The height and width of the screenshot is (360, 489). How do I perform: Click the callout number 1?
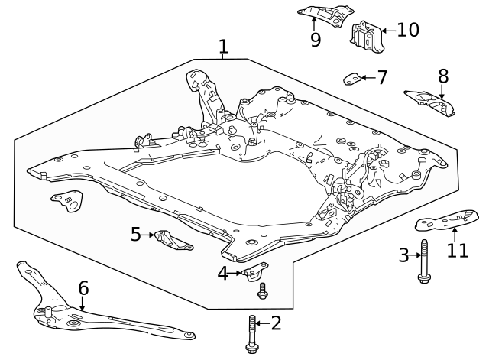tap(222, 47)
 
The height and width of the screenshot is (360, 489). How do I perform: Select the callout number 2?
tap(276, 323)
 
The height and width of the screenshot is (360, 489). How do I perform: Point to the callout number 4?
tap(223, 272)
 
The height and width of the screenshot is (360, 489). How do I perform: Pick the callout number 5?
tap(136, 234)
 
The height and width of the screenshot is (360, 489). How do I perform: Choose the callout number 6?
tap(83, 288)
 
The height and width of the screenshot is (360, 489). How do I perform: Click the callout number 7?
tap(381, 77)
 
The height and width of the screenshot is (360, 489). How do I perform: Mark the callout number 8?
tap(443, 76)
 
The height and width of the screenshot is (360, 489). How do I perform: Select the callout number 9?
tap(315, 40)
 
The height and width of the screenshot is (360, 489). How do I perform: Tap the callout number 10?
tap(408, 30)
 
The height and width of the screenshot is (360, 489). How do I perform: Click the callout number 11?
tap(457, 250)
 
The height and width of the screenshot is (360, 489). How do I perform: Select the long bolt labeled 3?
tap(424, 261)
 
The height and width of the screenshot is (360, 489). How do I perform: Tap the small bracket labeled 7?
tap(351, 77)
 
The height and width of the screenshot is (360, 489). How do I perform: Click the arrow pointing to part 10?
tap(387, 31)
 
